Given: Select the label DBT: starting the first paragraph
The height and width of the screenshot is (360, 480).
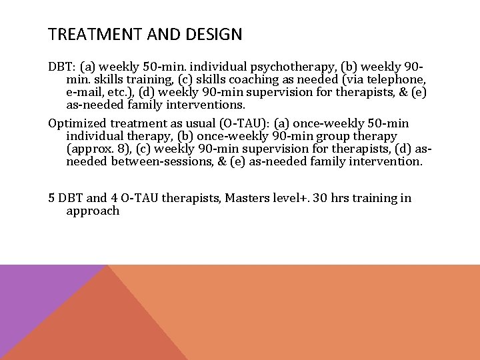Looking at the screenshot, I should pos(61,67).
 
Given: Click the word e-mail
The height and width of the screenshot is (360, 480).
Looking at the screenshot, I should pos(85,93).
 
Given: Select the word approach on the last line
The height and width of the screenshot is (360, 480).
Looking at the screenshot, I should pos(93,211).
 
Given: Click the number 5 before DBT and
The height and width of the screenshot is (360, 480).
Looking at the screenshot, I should pos(51,198).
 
